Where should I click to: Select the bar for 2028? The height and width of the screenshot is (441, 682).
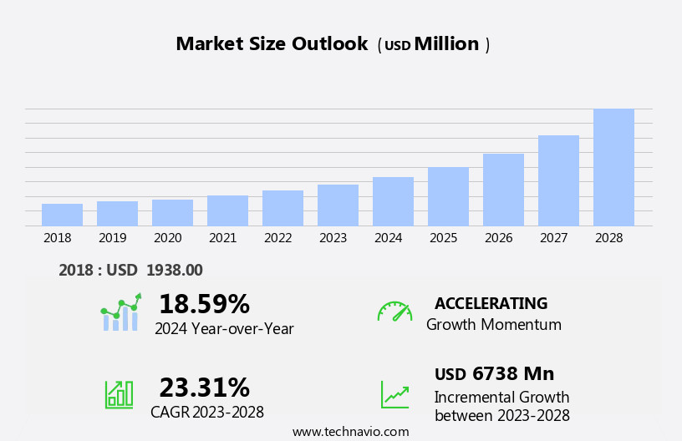click(613, 167)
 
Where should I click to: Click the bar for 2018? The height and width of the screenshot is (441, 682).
click(62, 215)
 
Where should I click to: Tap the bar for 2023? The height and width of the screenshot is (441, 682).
click(338, 205)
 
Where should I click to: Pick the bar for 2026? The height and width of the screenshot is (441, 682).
click(503, 190)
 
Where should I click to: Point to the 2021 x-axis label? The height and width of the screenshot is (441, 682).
click(222, 238)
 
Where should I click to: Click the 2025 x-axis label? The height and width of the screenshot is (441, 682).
click(443, 238)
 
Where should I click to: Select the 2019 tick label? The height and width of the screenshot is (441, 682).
click(112, 238)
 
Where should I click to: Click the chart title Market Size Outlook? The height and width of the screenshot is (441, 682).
click(272, 44)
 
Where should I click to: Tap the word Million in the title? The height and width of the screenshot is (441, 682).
click(446, 44)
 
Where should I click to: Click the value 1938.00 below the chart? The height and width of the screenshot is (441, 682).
click(175, 271)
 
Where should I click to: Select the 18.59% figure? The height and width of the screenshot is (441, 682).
click(204, 304)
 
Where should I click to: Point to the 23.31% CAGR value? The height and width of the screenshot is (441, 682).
click(204, 388)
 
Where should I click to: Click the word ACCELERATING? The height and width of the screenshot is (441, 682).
click(491, 303)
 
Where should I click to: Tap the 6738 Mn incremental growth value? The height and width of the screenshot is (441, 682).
click(512, 374)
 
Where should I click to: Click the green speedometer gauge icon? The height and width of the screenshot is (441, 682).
click(394, 312)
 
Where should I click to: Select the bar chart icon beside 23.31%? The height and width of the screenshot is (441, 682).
click(119, 394)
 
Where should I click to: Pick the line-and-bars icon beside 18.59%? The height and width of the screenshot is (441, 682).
click(120, 312)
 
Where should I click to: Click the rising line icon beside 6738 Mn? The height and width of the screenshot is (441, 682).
click(394, 394)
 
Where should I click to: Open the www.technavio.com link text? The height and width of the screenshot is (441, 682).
click(350, 432)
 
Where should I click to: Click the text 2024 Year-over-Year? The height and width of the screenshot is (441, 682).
click(224, 329)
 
